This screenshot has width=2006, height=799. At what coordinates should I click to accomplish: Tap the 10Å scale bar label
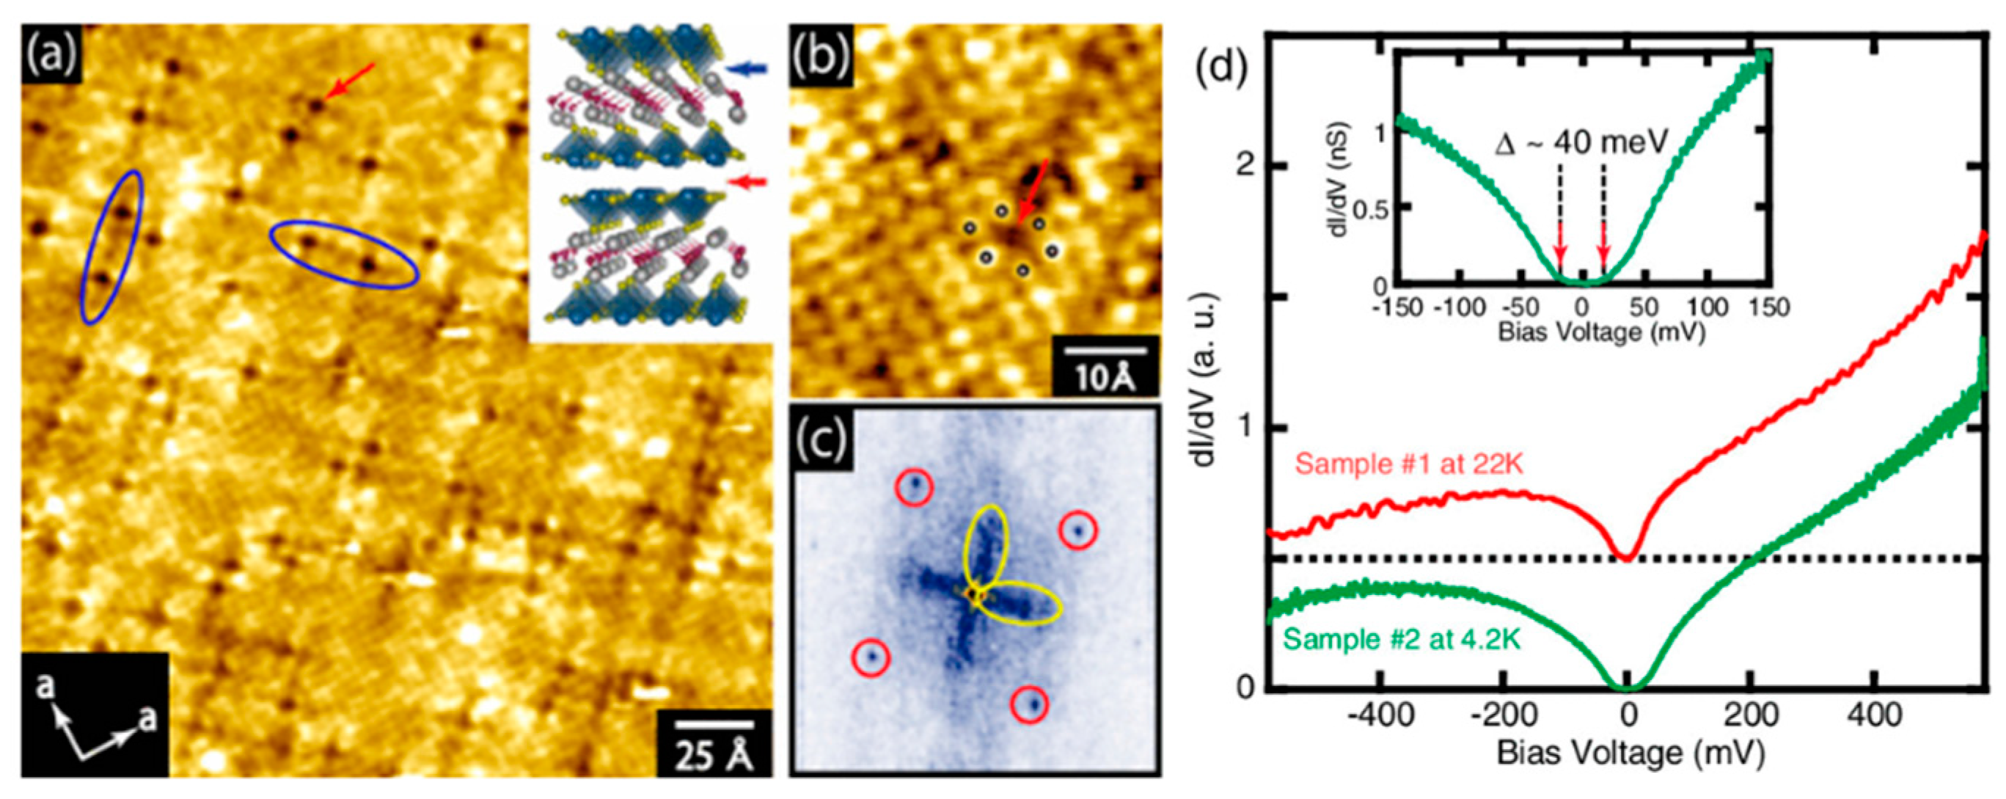point(1105,378)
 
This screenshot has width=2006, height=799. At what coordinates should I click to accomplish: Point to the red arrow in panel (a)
point(351,81)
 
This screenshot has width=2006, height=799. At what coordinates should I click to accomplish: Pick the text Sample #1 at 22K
point(1408,464)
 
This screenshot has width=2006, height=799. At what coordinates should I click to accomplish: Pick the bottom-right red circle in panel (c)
point(1030,704)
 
